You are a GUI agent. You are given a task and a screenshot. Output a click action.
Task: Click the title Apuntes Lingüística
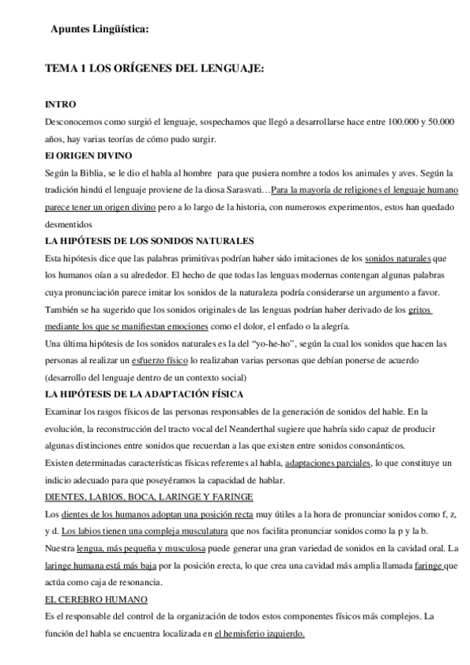click(x=99, y=30)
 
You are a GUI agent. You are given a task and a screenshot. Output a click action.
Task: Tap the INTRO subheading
click(x=60, y=104)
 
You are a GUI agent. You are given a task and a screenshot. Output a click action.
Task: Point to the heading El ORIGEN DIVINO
click(x=89, y=155)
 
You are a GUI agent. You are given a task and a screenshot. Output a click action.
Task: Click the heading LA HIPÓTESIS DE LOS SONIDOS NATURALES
click(x=149, y=241)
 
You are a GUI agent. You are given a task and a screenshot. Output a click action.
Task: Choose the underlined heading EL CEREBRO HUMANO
click(x=97, y=599)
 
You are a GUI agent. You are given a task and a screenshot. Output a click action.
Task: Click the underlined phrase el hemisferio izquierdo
click(x=260, y=634)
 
